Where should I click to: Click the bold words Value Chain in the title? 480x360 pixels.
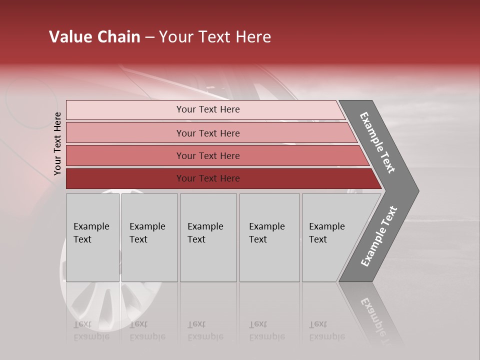click(x=94, y=37)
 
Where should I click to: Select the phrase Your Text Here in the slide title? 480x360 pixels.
click(x=215, y=37)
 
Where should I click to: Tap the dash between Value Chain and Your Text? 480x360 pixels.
click(x=149, y=37)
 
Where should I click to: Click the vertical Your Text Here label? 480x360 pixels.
click(x=57, y=143)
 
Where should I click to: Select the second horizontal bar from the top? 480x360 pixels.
click(x=207, y=133)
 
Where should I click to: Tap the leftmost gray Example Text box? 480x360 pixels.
click(x=92, y=237)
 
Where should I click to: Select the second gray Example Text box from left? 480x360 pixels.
click(x=149, y=237)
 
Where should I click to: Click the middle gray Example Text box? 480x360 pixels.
click(x=208, y=237)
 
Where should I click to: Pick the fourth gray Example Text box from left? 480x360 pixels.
click(x=269, y=237)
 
